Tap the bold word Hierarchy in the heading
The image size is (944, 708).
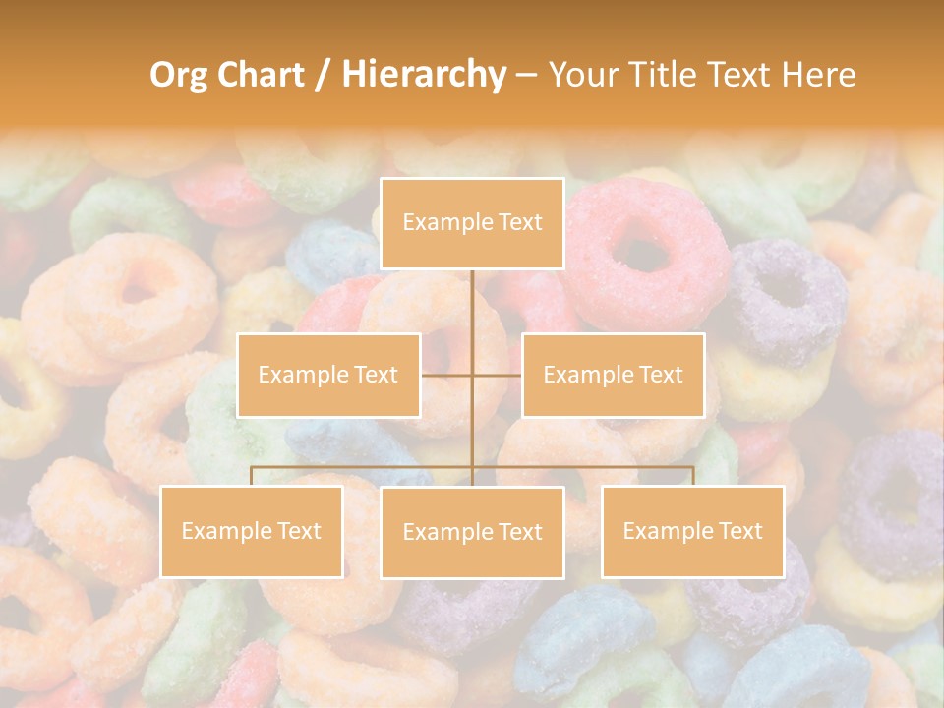click(x=424, y=75)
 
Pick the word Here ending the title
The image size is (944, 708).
click(x=818, y=75)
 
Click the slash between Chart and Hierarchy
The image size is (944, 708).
click(x=323, y=76)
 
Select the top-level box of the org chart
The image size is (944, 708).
click(x=472, y=223)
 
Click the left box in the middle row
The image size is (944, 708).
click(x=328, y=375)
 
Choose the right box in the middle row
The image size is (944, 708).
click(x=613, y=375)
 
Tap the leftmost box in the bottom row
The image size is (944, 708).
click(x=252, y=531)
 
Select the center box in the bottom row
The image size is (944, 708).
click(x=472, y=532)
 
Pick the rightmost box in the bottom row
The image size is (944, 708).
click(x=692, y=531)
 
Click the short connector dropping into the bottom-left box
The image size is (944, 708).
click(x=252, y=476)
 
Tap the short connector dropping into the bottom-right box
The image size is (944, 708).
click(x=693, y=476)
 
